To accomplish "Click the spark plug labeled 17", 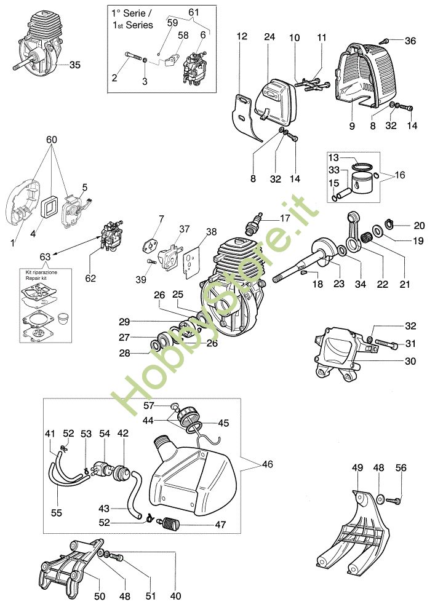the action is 253,224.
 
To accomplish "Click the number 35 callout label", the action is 74,65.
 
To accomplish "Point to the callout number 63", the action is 45,257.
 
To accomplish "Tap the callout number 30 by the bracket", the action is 410,360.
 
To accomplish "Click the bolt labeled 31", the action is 386,344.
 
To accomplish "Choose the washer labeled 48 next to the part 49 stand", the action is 380,499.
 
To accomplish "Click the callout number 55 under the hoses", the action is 57,513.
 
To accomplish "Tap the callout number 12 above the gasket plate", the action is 242,36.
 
